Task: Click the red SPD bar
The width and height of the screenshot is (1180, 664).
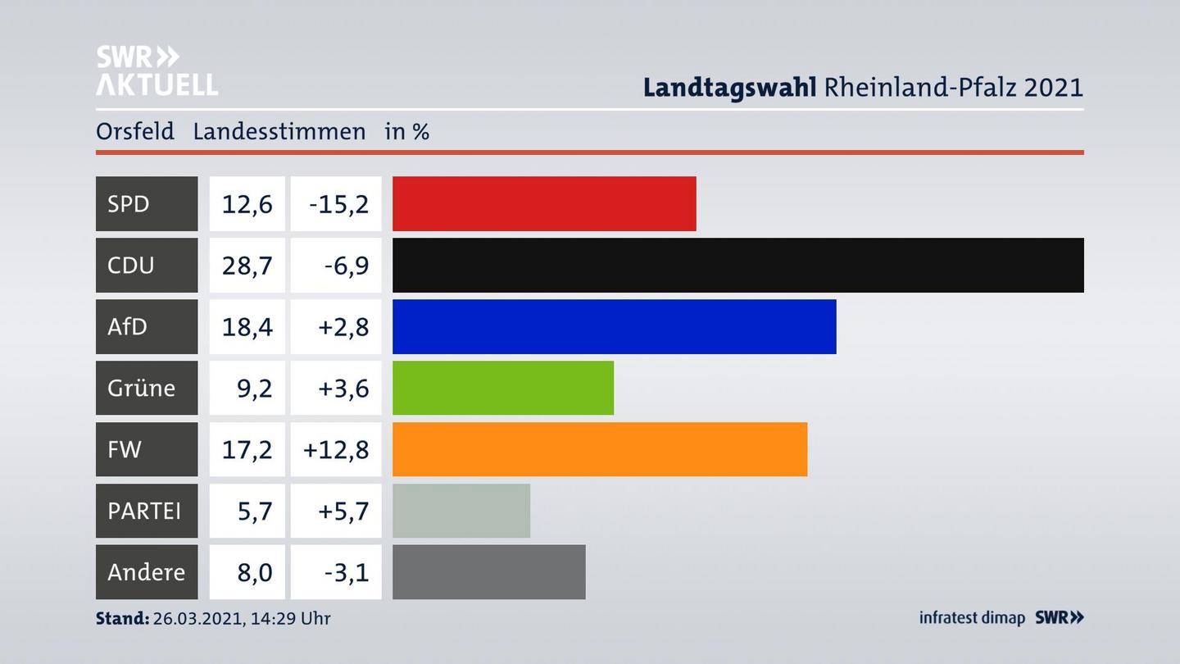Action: (x=544, y=203)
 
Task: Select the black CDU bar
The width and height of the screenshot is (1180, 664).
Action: (x=737, y=265)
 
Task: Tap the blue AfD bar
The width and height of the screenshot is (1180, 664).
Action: (x=614, y=326)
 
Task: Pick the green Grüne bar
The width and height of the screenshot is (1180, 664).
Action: (x=502, y=388)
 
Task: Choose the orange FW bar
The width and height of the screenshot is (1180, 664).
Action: (x=599, y=449)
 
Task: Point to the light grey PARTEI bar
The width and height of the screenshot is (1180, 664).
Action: (x=461, y=511)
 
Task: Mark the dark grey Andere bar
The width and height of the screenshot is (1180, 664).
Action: (x=488, y=572)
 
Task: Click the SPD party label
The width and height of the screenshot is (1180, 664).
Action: (x=129, y=203)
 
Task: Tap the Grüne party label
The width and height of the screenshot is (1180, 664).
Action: (x=141, y=388)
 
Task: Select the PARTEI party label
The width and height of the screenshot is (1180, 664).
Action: (x=144, y=511)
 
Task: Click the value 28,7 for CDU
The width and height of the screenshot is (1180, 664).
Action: (x=247, y=265)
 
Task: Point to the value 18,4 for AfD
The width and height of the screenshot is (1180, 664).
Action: (x=247, y=326)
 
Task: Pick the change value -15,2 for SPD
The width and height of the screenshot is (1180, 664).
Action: (x=338, y=203)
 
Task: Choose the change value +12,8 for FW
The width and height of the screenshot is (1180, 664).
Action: (x=336, y=449)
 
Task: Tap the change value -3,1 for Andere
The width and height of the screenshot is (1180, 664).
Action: (x=346, y=572)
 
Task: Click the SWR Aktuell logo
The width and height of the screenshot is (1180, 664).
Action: (x=156, y=70)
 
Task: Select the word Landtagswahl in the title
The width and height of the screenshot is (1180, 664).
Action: (x=728, y=87)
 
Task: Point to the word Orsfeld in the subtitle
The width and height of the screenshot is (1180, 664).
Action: (x=135, y=131)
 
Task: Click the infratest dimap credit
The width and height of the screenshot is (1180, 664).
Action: (x=972, y=617)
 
